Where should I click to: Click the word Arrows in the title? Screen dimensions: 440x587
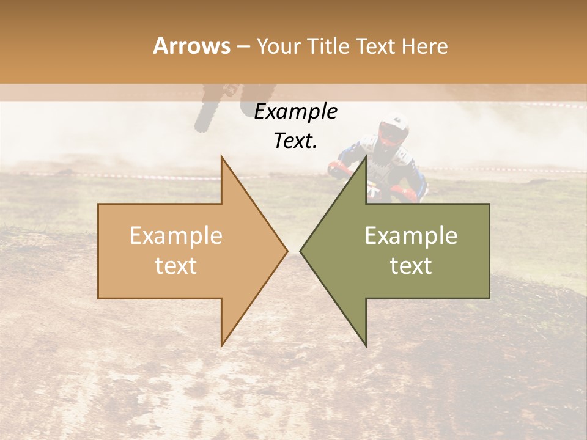pos(191,46)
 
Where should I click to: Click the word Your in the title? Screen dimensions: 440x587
pos(278,46)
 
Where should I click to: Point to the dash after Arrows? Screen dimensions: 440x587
pos(243,46)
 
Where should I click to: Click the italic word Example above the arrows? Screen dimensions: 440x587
pos(295,112)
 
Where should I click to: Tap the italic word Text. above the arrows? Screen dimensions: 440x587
pos(295,141)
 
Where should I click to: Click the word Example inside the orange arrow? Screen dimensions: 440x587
pos(175,236)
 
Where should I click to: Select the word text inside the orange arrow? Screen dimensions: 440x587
pos(175,265)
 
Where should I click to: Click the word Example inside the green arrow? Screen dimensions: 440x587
pos(411,236)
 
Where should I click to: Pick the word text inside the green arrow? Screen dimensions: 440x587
pos(411,265)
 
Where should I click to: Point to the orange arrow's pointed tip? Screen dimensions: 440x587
pos(286,251)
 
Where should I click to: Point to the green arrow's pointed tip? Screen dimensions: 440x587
pos(302,251)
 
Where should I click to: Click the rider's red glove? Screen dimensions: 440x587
pos(335,169)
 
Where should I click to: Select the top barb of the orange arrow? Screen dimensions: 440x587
pos(223,160)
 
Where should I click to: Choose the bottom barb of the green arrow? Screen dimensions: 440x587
pos(365,343)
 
